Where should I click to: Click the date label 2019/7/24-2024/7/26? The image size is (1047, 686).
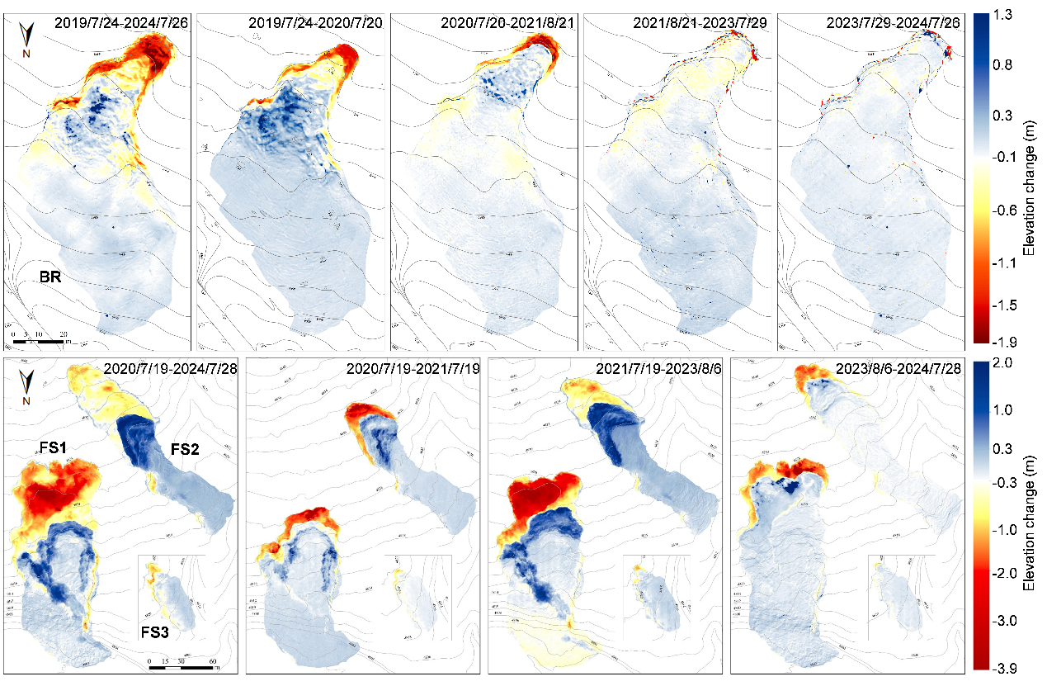pos(121,23)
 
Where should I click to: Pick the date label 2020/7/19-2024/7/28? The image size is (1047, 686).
pos(170,369)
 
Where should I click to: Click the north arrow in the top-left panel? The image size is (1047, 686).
pos(27,38)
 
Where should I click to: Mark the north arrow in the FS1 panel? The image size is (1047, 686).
pos(28,383)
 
